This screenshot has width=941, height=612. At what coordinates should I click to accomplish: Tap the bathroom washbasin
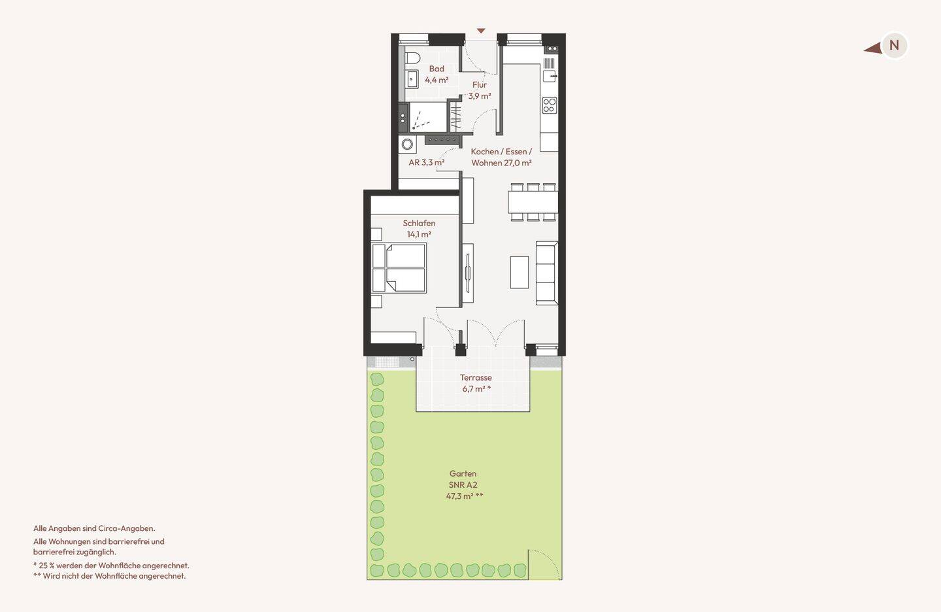pyautogui.click(x=412, y=80)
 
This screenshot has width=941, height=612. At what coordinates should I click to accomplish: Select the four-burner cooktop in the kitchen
pyautogui.click(x=550, y=105)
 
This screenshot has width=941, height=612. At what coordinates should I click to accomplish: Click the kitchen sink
pyautogui.click(x=550, y=76)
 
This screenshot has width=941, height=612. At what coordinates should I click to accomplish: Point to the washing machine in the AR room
pyautogui.click(x=407, y=144)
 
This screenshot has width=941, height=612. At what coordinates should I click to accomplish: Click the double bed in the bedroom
pyautogui.click(x=399, y=268)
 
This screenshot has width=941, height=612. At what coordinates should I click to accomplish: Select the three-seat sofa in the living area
pyautogui.click(x=547, y=273)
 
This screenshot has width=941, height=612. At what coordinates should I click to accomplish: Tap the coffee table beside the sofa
pyautogui.click(x=520, y=273)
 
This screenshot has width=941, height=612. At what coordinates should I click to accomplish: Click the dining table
pyautogui.click(x=533, y=202)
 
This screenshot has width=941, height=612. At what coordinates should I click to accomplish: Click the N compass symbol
pyautogui.click(x=894, y=45)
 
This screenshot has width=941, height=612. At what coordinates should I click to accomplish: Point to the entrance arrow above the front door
pyautogui.click(x=481, y=31)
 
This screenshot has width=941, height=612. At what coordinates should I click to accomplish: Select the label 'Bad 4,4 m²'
pyautogui.click(x=437, y=75)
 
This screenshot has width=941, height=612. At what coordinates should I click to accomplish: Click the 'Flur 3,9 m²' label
pyautogui.click(x=480, y=90)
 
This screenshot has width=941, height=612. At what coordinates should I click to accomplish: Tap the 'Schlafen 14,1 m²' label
pyautogui.click(x=419, y=229)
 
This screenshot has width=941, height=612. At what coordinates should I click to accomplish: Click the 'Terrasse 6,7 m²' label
pyautogui.click(x=476, y=383)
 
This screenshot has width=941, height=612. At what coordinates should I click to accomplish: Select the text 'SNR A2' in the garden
pyautogui.click(x=463, y=484)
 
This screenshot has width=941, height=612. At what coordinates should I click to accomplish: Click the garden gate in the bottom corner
pyautogui.click(x=545, y=564)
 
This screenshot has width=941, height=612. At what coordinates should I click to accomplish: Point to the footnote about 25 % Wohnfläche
pyautogui.click(x=111, y=566)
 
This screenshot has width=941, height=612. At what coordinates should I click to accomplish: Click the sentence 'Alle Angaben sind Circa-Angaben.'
pyautogui.click(x=94, y=528)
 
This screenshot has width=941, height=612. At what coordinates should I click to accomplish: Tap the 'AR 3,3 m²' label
pyautogui.click(x=426, y=162)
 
